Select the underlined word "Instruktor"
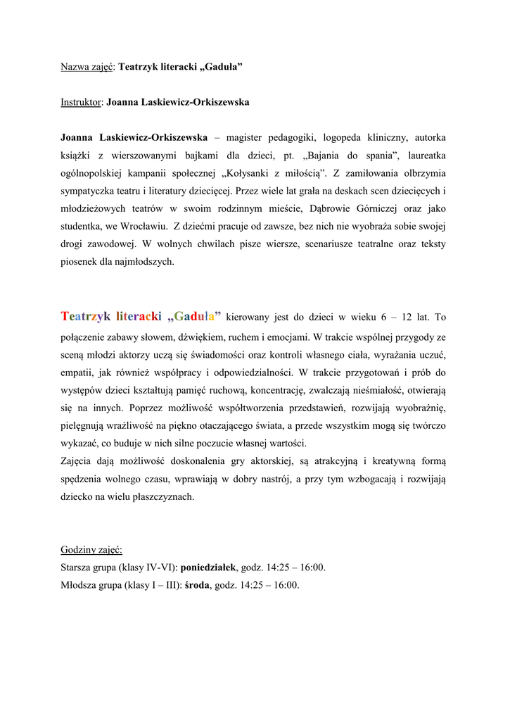82,102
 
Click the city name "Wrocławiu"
144,227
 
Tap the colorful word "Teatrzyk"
86,317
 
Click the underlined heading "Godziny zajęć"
91,549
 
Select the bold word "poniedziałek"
210,567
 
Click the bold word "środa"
197,585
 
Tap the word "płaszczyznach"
160,496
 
